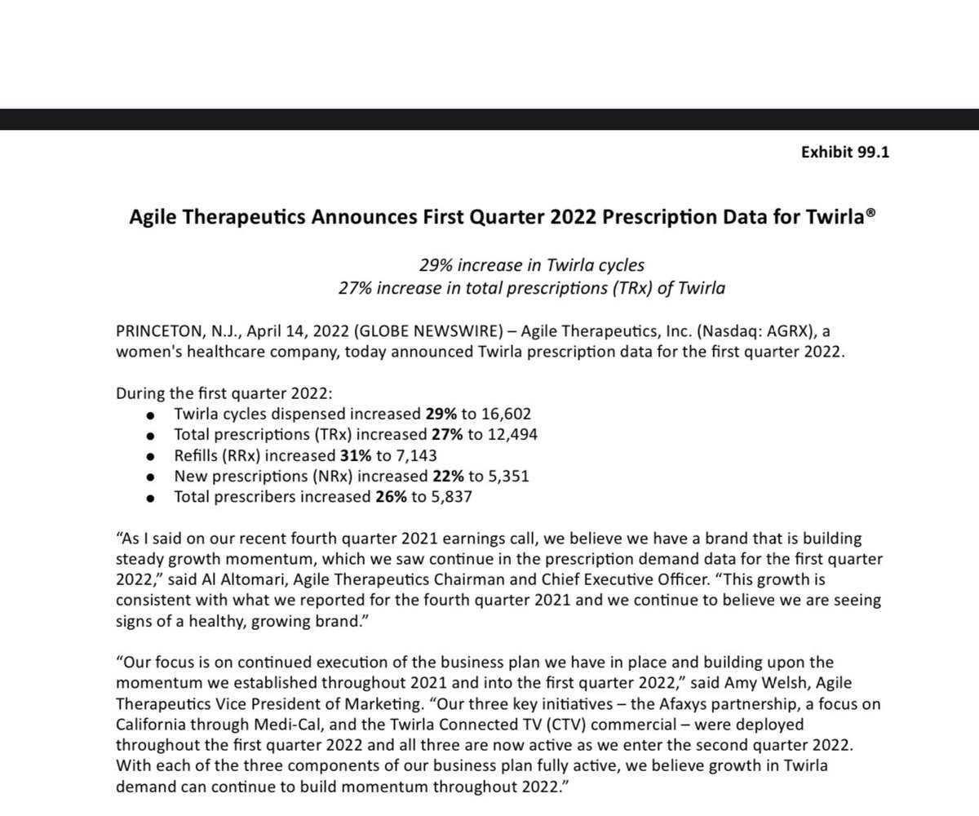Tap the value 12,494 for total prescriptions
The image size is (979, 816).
click(509, 434)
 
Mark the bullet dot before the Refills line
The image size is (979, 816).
click(148, 456)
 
